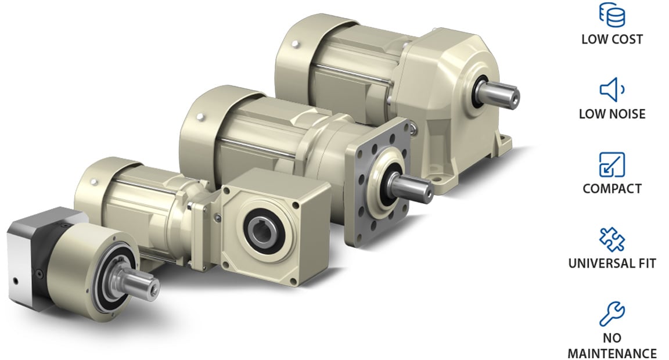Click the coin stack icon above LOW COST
pyautogui.click(x=612, y=15)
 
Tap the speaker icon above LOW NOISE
pyautogui.click(x=612, y=89)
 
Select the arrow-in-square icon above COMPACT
pyautogui.click(x=612, y=164)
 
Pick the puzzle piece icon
pyautogui.click(x=612, y=239)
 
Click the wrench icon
pyautogui.click(x=612, y=314)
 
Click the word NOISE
pyautogui.click(x=628, y=114)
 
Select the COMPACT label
pyautogui.click(x=612, y=189)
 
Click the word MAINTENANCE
pyautogui.click(x=612, y=354)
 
